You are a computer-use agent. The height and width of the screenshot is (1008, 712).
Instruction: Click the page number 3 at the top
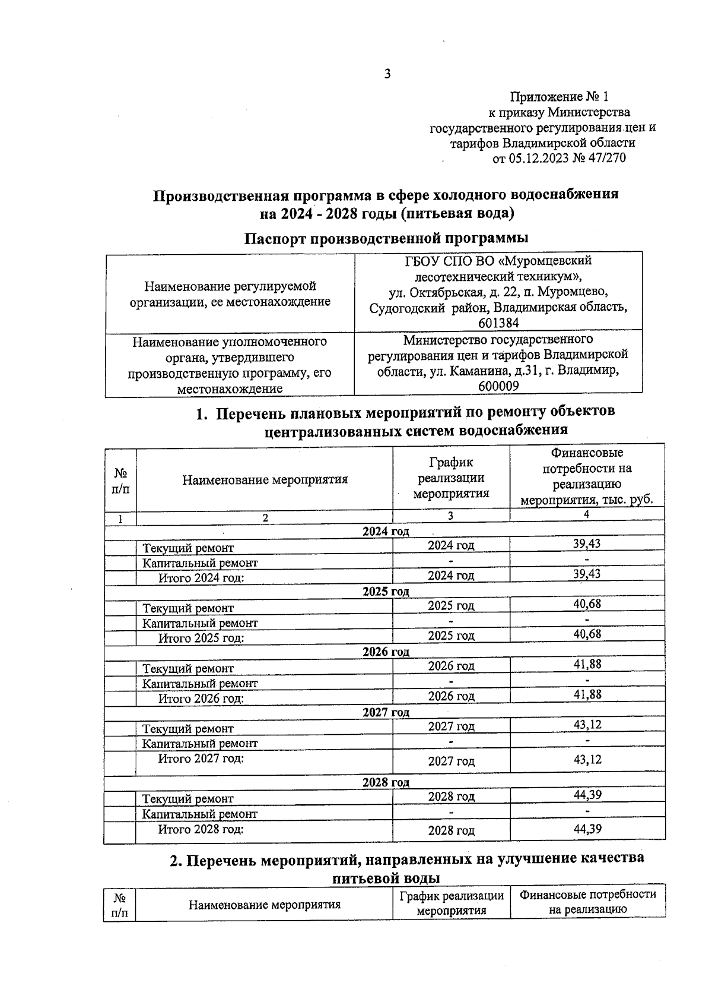pyautogui.click(x=387, y=74)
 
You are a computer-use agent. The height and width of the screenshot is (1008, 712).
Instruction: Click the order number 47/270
pyautogui.click(x=606, y=159)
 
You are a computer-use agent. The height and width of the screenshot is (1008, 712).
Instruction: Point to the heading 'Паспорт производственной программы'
pyautogui.click(x=386, y=238)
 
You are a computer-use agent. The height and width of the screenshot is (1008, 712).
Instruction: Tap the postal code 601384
pyautogui.click(x=498, y=323)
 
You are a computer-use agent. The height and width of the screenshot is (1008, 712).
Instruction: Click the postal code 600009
pyautogui.click(x=498, y=386)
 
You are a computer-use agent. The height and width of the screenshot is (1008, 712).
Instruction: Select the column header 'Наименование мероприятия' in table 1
pyautogui.click(x=265, y=479)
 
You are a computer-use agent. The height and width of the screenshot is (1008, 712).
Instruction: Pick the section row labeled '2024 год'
pyautogui.click(x=386, y=531)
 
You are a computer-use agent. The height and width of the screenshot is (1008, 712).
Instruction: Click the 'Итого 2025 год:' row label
pyautogui.click(x=201, y=639)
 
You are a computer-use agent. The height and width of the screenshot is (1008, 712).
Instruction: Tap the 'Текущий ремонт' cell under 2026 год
pyautogui.click(x=188, y=669)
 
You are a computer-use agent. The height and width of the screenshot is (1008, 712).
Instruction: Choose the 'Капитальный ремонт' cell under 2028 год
pyautogui.click(x=200, y=814)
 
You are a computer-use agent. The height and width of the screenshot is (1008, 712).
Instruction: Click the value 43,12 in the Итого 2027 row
pyautogui.click(x=587, y=760)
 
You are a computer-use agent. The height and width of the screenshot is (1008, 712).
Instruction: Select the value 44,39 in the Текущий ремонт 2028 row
pyautogui.click(x=587, y=794)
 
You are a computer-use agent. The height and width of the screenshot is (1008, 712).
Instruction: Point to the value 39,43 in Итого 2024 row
pyautogui.click(x=587, y=574)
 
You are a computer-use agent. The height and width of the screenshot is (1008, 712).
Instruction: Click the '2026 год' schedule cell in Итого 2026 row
pyautogui.click(x=451, y=696)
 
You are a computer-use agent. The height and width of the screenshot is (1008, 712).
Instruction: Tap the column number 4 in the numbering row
pyautogui.click(x=586, y=515)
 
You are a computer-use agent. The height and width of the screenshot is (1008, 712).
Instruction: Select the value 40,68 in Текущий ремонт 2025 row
pyautogui.click(x=587, y=604)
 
